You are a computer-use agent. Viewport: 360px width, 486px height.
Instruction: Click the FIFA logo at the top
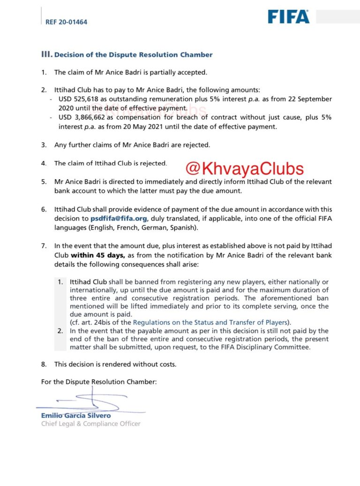(288, 17)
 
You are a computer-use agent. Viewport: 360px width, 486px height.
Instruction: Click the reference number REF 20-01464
(66, 22)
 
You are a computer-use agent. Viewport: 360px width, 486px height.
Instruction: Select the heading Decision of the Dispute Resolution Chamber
(133, 55)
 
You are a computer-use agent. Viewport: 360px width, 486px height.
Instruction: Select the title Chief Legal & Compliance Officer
(91, 424)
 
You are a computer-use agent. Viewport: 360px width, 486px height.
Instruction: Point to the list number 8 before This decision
(44, 364)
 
